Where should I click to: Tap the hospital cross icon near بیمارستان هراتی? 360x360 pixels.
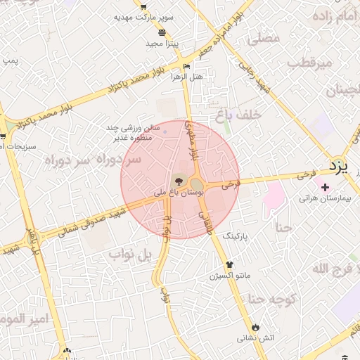click(324, 187)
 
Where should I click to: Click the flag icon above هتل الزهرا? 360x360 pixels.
click(186, 67)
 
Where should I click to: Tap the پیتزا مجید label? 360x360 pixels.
click(162, 44)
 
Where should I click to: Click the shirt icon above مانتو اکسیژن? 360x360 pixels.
click(229, 265)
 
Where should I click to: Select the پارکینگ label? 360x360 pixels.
click(237, 238)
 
